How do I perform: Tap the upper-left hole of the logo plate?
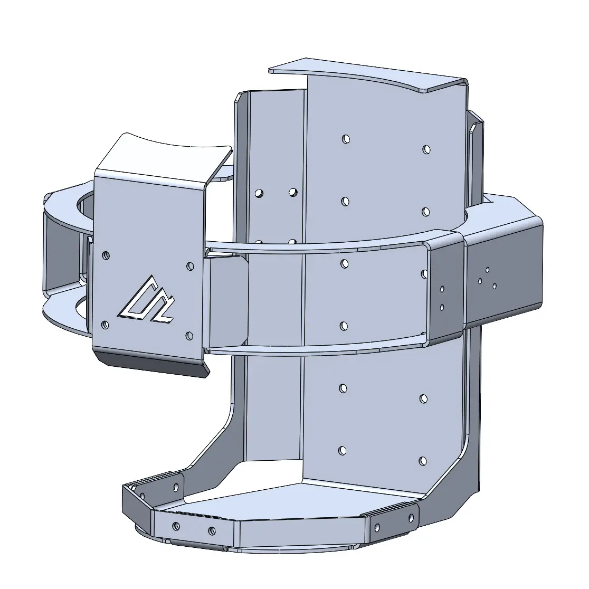click(106, 255)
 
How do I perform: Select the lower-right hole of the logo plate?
click(189, 335)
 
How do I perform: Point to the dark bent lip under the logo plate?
click(153, 364)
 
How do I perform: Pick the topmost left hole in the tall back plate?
click(346, 139)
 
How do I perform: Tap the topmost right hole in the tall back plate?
click(426, 149)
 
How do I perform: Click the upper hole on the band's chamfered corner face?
click(442, 289)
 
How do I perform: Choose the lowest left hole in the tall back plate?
click(343, 451)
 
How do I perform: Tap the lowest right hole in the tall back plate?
click(422, 461)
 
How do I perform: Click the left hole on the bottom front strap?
click(176, 526)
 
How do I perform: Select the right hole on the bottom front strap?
click(212, 530)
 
